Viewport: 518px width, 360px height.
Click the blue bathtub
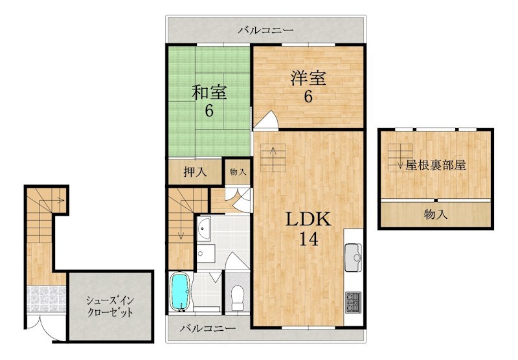coord(180,291)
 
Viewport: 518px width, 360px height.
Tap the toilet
coord(238,297)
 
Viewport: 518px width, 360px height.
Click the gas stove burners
coord(354,302)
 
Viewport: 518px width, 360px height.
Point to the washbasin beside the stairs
coord(204,228)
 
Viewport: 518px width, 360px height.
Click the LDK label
coord(308,219)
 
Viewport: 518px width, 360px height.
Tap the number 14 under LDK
coord(309,239)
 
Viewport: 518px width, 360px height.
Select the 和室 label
coord(209,93)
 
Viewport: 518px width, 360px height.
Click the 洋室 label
coord(308,78)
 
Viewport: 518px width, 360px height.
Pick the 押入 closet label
coord(196,172)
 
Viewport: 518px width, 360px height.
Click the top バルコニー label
coord(266,30)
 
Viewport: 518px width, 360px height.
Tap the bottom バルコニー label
coord(208,328)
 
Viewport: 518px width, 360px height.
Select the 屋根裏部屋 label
coord(436,165)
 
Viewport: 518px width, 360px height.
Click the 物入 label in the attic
coord(436,215)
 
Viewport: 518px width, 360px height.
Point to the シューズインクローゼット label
coord(110,306)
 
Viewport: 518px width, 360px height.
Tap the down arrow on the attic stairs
coord(400,161)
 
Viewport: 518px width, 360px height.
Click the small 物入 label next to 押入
coord(238,172)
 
